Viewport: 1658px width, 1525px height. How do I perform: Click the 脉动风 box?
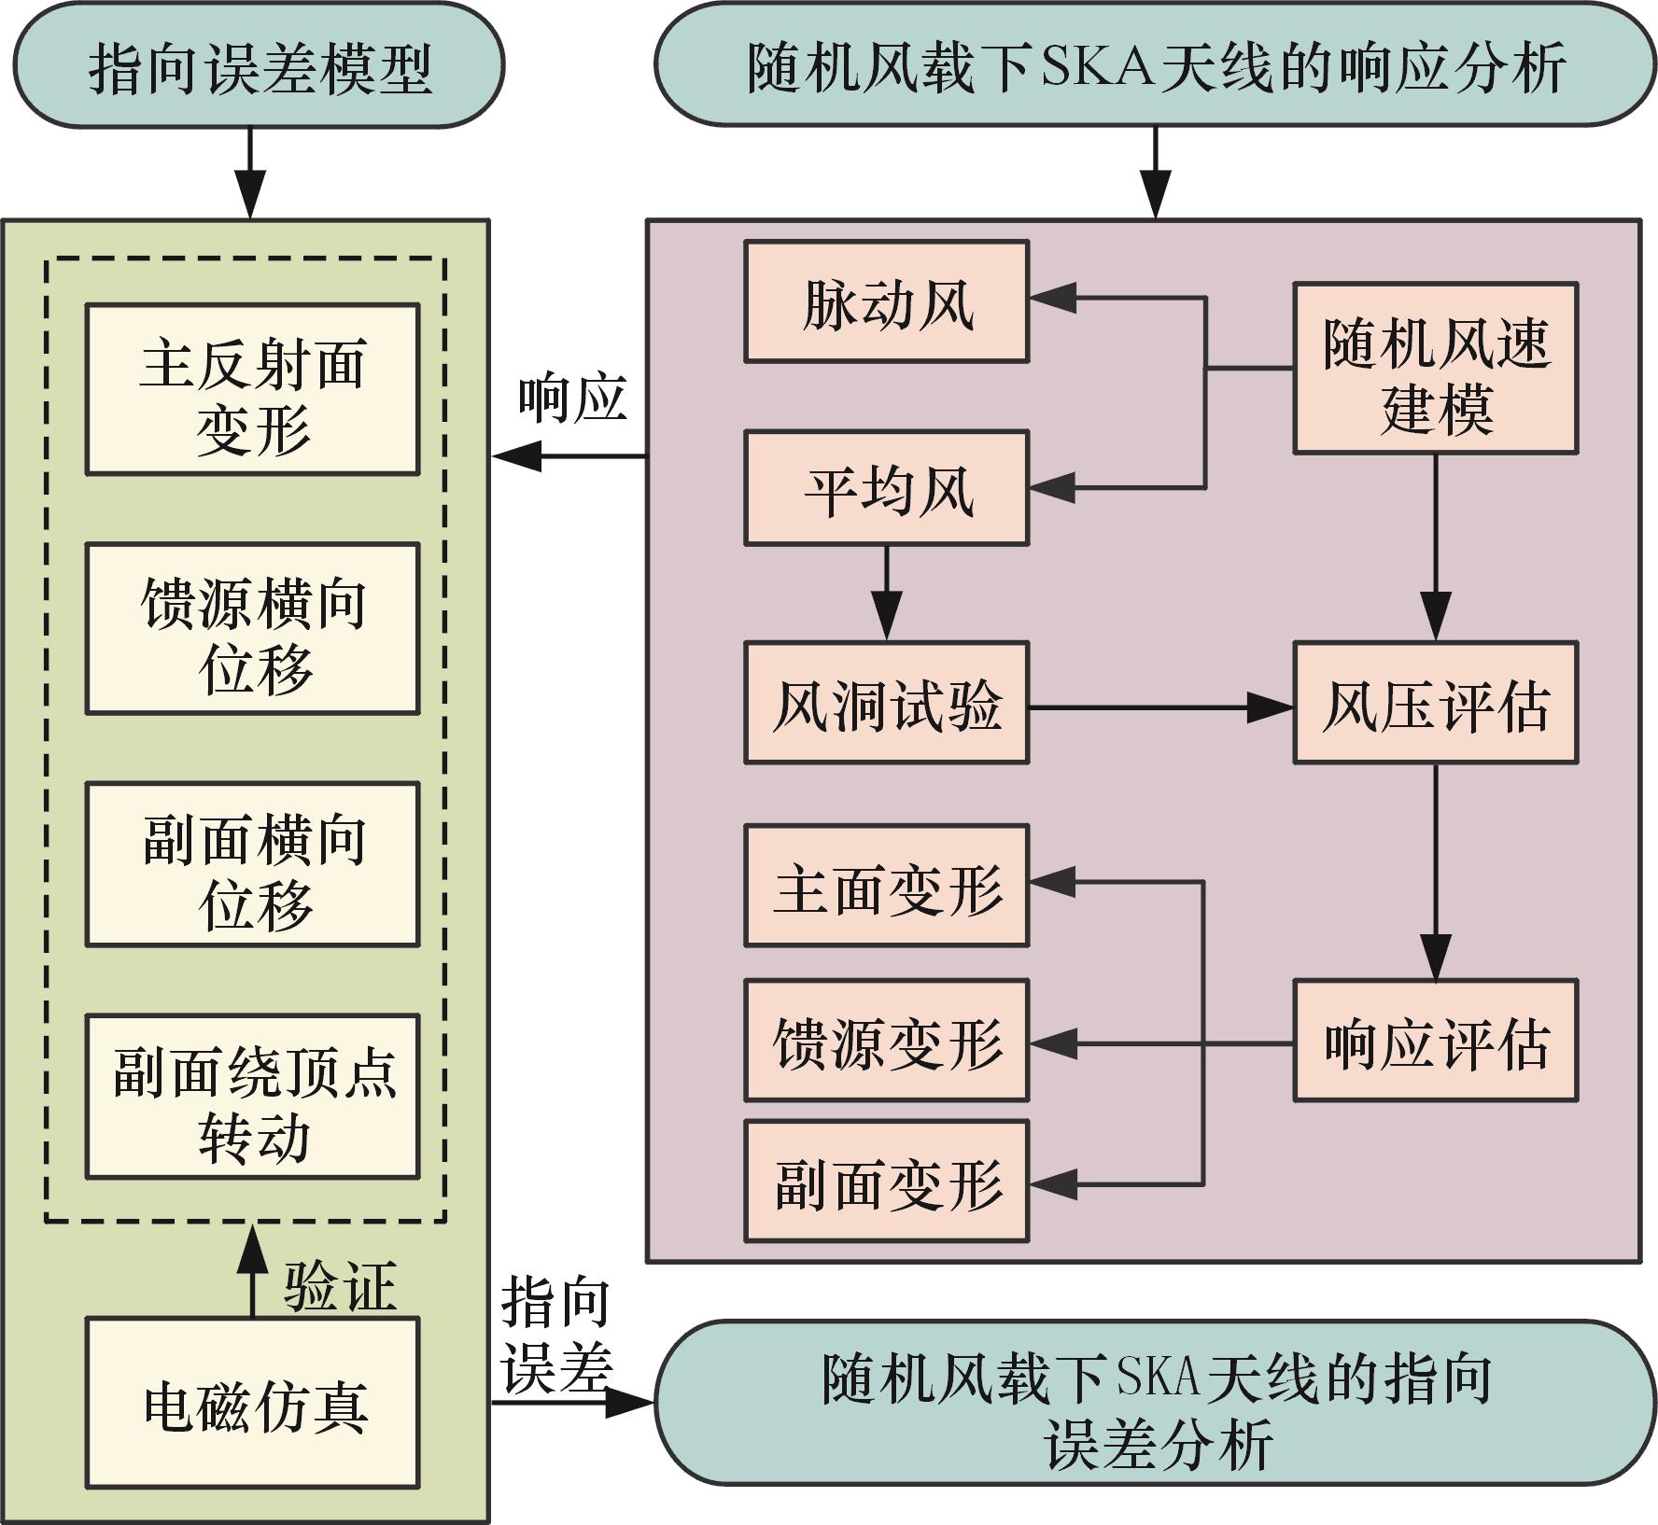[x=886, y=301]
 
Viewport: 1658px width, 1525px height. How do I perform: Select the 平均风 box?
[x=886, y=488]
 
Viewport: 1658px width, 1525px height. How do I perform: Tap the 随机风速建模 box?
[x=1435, y=369]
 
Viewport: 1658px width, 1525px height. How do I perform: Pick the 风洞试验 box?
[x=886, y=703]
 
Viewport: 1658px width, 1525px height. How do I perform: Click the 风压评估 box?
[x=1435, y=703]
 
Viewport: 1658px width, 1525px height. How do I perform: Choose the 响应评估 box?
[x=1435, y=1041]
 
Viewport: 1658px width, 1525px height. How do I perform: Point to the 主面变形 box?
[x=886, y=886]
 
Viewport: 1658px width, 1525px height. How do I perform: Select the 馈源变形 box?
[x=886, y=1041]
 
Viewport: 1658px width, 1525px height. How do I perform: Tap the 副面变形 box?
[x=886, y=1182]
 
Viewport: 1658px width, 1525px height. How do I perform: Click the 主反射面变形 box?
[x=252, y=389]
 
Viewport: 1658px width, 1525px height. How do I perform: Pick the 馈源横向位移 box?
[x=252, y=629]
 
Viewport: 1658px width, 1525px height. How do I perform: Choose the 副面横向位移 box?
[x=252, y=865]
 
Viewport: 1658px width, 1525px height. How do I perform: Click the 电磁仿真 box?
[x=252, y=1403]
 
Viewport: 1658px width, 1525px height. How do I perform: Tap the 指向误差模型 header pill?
[x=252, y=65]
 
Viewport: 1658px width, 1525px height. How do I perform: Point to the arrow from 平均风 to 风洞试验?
[x=886, y=593]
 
